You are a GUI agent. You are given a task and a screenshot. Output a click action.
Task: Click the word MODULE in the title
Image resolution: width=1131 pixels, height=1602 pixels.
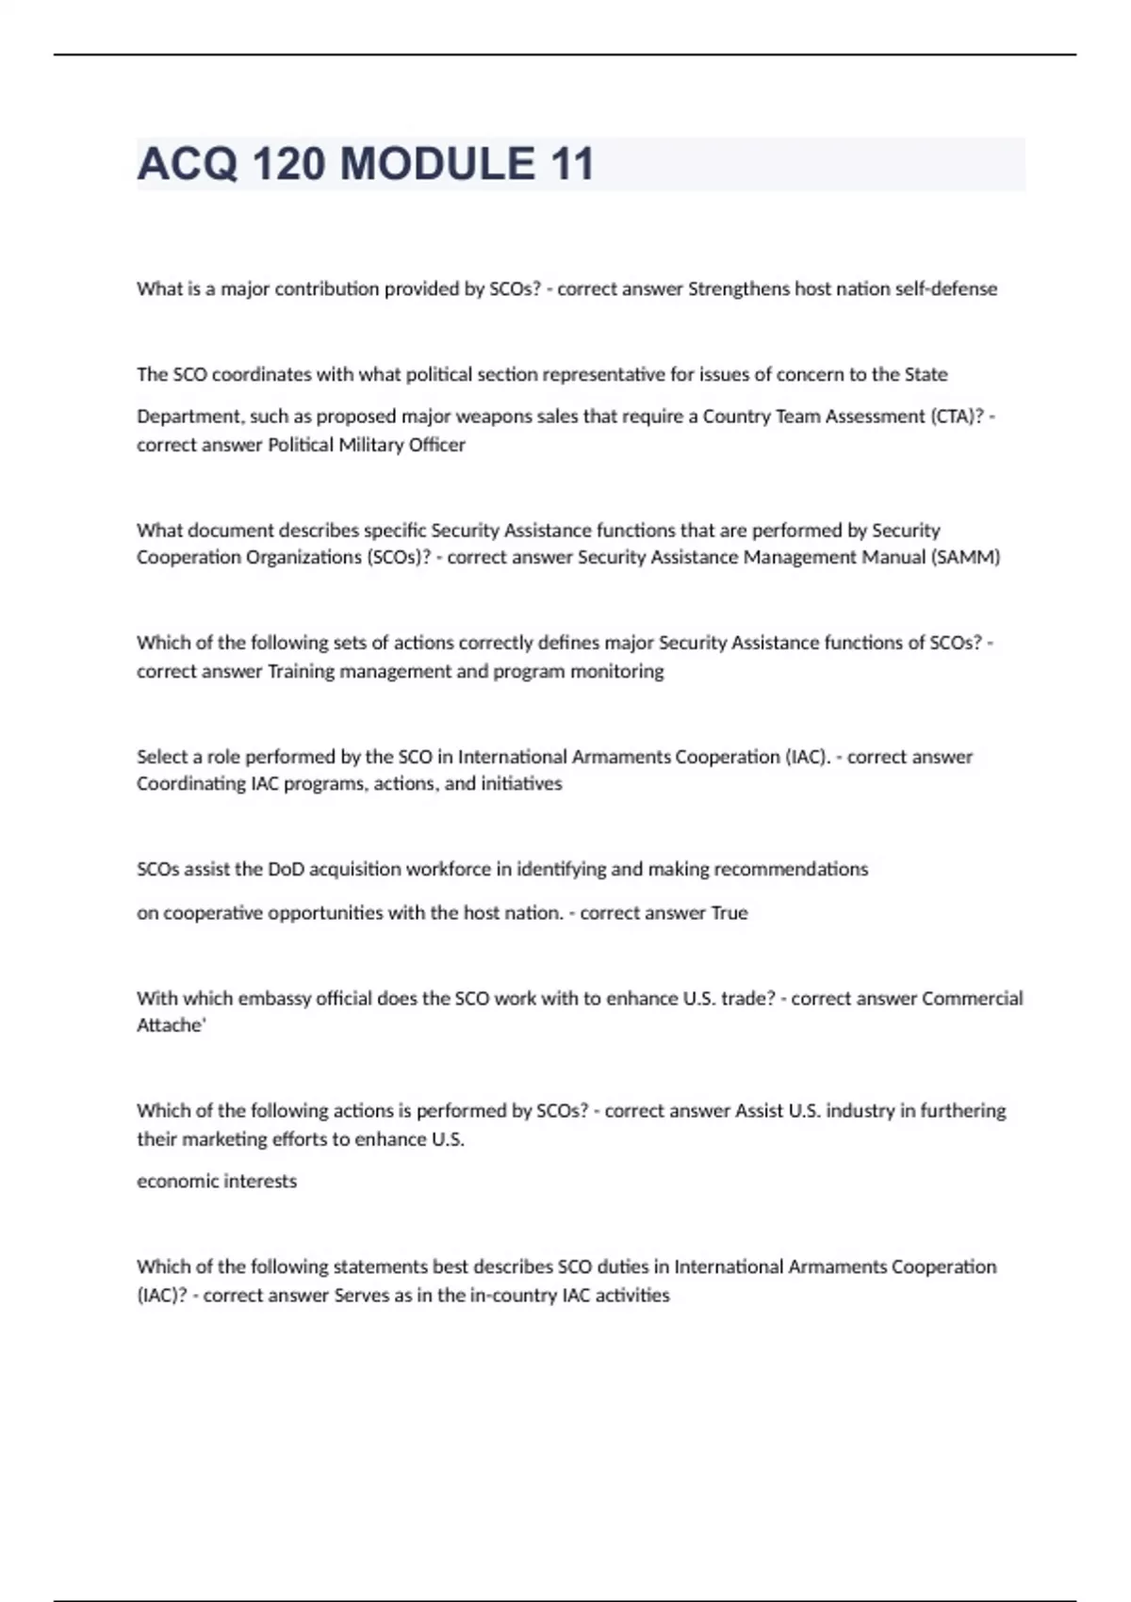[x=437, y=164]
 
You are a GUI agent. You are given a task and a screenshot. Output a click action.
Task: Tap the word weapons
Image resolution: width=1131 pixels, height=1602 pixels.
[x=488, y=417]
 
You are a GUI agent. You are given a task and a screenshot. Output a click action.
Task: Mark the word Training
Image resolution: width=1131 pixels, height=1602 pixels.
[x=302, y=671]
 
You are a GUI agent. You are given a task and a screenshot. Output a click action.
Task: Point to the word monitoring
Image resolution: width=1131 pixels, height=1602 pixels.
[x=616, y=671]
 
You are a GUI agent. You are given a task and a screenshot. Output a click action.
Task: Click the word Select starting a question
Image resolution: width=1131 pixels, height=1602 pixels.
[x=162, y=757]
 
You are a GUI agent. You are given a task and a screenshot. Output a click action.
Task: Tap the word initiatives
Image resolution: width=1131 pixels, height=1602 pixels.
[x=521, y=784]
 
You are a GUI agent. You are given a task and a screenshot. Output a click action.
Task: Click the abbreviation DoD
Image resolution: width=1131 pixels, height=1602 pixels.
[x=286, y=869]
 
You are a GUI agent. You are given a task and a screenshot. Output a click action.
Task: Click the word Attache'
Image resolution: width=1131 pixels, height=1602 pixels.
[x=171, y=1025]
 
